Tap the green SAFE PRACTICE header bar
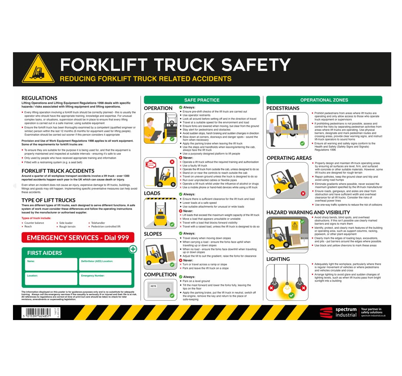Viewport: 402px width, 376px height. coord(202,100)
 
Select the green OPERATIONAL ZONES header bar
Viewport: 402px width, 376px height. coord(324,100)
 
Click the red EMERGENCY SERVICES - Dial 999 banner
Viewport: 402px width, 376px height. coord(78,238)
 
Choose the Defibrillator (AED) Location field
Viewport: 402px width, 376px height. coord(106,264)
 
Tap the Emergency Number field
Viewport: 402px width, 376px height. coord(106,279)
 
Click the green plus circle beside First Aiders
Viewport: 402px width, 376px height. coord(133,249)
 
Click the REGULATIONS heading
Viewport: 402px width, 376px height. coord(39,98)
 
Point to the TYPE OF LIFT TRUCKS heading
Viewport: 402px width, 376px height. coord(49,200)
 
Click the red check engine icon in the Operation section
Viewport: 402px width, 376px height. coord(151,164)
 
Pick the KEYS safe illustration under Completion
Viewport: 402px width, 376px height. coord(160,289)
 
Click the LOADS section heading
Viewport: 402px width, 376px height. coord(152,193)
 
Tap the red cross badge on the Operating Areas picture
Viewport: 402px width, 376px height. coord(303,193)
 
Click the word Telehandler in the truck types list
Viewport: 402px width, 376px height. coord(98,223)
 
